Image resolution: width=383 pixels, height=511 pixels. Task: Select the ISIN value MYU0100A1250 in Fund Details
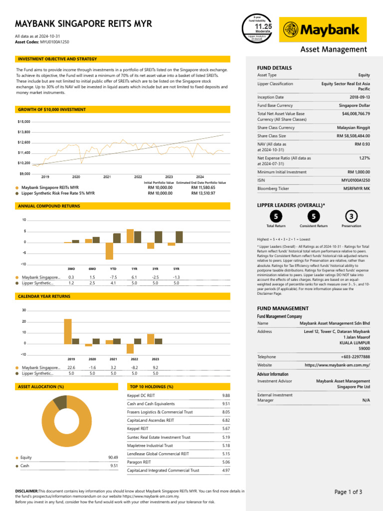pos(356,180)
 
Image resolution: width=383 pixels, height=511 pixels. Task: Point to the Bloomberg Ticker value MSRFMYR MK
pos(357,189)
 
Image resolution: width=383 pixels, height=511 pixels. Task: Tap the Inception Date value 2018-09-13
pos(359,97)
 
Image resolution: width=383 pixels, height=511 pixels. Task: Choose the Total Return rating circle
pos(276,216)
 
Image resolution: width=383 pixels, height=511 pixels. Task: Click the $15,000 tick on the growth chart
pos(24,122)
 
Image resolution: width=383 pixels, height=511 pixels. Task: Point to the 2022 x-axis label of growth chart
pos(138,177)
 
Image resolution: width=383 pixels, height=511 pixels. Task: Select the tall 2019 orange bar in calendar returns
pos(68,331)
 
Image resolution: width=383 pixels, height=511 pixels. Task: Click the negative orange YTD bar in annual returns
pos(109,251)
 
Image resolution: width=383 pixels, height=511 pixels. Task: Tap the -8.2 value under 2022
pos(134,367)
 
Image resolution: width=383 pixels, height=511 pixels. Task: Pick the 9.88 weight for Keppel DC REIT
pos(226,395)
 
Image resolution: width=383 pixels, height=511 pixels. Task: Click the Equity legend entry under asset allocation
pos(26,457)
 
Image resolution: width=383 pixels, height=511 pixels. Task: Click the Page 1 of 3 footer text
pos(348,492)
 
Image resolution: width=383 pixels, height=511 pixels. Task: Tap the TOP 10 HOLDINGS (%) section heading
pos(151,387)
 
